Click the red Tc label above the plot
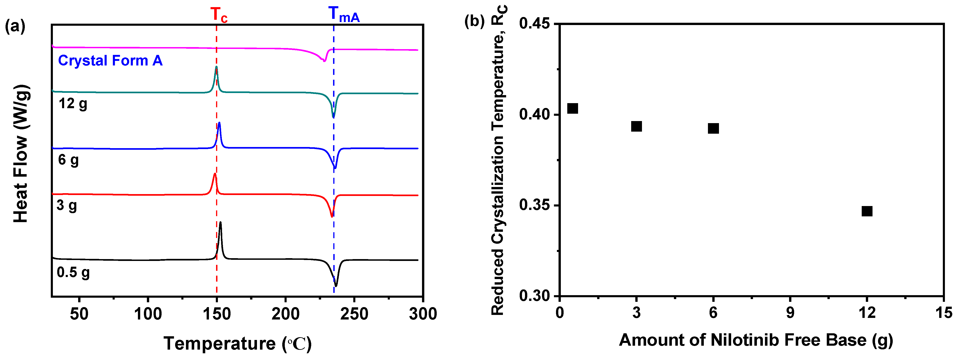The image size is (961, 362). [219, 15]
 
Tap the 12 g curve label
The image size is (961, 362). [73, 104]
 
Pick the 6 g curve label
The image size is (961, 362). [68, 160]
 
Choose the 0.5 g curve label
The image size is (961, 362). [73, 272]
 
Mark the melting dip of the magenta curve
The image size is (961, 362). [324, 60]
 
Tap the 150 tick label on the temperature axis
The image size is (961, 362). [216, 314]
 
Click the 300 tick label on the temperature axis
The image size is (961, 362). [423, 314]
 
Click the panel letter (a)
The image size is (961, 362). [15, 27]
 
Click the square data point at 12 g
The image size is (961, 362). [867, 211]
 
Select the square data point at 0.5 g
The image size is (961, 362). [573, 108]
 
